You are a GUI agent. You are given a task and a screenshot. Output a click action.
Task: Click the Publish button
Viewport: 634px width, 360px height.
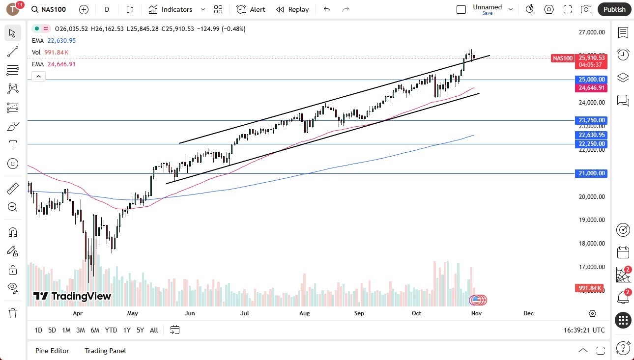614,9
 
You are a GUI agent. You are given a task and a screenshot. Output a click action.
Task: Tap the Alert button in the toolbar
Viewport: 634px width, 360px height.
251,9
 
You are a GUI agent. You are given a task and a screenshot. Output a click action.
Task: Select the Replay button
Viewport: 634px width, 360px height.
292,9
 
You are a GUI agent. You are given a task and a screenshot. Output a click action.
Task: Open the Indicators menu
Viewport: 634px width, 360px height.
171,9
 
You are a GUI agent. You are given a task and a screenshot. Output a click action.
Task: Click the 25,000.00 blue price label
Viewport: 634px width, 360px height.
591,80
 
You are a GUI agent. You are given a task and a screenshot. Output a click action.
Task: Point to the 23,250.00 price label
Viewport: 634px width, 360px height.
591,120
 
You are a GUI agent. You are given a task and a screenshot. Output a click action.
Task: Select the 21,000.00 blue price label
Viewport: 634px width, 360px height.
591,173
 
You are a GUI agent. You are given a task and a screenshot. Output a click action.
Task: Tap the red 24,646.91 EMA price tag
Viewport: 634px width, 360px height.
591,88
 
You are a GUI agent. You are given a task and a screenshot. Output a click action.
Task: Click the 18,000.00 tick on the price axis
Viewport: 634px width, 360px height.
591,244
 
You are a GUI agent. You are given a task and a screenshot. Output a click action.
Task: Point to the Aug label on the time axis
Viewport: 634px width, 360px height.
304,313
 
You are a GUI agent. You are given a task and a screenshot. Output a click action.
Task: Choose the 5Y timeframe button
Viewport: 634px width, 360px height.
140,330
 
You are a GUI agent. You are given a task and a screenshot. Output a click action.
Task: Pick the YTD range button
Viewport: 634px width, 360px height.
111,330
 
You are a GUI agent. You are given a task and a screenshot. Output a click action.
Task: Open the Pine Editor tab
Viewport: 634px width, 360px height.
52,351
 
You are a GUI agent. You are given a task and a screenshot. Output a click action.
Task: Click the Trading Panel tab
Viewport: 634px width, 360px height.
105,351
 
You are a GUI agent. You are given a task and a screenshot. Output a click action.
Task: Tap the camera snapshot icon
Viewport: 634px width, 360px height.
586,9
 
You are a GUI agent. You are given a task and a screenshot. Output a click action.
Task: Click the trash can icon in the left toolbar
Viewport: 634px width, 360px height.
13,313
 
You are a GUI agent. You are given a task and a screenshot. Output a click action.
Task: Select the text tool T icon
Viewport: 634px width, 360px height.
13,145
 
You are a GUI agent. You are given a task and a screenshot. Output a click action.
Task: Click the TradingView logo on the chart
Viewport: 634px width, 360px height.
72,296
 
